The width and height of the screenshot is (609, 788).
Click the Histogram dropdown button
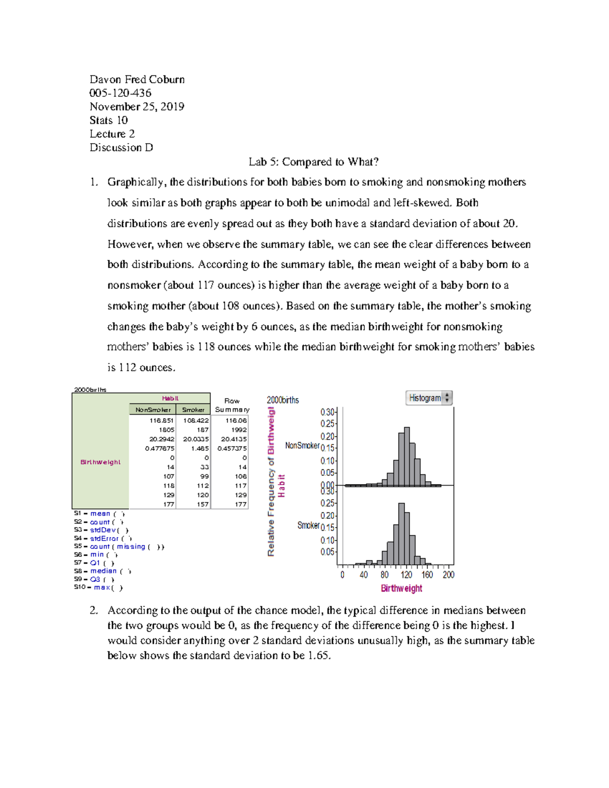(428, 398)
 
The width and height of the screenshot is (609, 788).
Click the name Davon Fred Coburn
(137, 80)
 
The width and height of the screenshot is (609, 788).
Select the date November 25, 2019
(137, 107)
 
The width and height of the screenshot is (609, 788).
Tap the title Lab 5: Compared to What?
(314, 162)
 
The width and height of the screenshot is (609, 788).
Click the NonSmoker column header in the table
(153, 409)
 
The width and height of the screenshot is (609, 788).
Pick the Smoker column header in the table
(193, 409)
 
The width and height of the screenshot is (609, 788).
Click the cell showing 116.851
(161, 420)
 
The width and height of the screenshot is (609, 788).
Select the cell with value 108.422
(196, 420)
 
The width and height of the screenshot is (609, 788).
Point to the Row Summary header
(232, 405)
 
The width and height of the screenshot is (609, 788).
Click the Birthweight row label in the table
(100, 462)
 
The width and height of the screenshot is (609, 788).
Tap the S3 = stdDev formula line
(101, 530)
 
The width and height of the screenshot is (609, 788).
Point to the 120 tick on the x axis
(406, 574)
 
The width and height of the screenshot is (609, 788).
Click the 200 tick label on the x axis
(448, 574)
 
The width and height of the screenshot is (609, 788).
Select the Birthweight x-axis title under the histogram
(401, 588)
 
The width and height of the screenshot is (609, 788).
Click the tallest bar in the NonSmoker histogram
(407, 457)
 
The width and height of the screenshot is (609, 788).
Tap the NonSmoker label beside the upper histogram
(302, 446)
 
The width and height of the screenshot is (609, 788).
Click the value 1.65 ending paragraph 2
(319, 655)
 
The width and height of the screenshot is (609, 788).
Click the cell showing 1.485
(200, 449)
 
